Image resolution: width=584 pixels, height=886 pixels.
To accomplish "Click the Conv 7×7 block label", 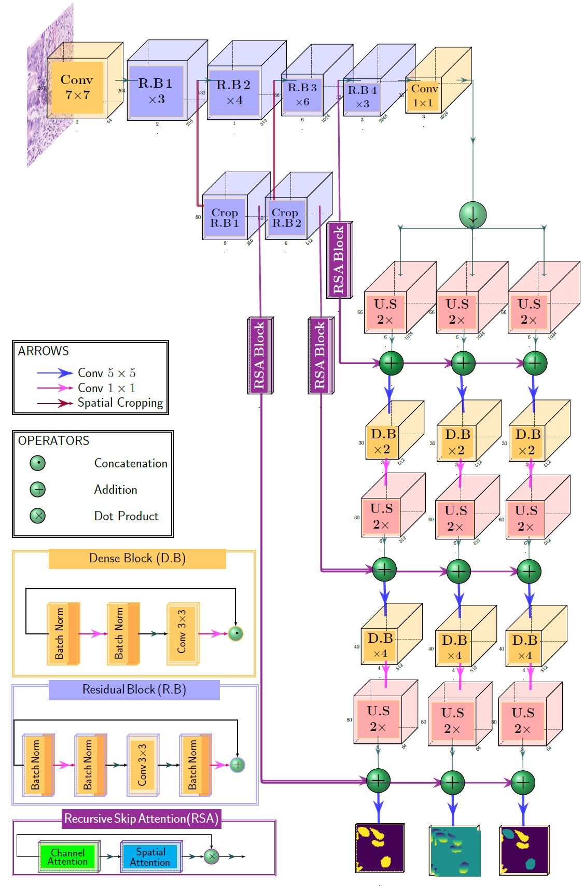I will (77, 87).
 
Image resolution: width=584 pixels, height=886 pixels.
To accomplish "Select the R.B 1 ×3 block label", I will (156, 91).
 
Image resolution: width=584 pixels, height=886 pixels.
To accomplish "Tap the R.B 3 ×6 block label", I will (302, 94).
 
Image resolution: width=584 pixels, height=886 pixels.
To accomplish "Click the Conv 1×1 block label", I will (424, 95).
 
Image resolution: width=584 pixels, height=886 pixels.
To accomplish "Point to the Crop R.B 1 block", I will (224, 218).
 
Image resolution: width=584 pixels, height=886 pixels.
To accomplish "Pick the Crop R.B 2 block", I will (286, 218).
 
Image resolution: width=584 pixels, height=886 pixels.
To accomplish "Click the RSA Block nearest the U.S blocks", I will (339, 260).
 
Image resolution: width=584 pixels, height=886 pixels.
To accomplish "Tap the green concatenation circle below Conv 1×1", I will (472, 215).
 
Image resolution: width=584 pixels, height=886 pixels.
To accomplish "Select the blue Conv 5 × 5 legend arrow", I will (55, 373).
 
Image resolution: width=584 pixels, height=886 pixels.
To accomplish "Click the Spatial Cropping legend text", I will (120, 403).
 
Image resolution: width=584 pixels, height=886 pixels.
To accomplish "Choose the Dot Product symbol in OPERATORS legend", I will (38, 516).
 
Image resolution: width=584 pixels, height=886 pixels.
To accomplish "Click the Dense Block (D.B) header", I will (137, 559).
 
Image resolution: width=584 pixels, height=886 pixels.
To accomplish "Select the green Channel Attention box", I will (68, 857).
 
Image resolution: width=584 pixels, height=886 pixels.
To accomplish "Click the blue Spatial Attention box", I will (150, 857).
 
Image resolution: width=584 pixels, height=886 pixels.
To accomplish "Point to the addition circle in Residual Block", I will (238, 765).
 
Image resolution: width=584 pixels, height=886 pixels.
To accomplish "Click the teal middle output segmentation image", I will (455, 851).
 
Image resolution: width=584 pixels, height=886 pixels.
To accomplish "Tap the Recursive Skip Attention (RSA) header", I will (141, 819).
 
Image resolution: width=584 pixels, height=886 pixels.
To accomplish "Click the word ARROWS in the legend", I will (43, 351).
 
